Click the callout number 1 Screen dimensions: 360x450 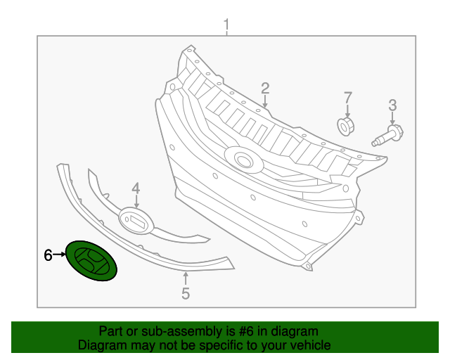tap(226, 27)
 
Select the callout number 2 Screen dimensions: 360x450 tap(265, 88)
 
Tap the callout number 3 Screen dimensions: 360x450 tap(392, 105)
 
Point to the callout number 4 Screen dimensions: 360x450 tap(136, 188)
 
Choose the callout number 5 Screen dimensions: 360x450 tap(186, 294)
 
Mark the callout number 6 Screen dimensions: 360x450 tap(48, 255)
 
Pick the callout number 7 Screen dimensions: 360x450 tap(347, 96)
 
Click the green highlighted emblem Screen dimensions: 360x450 tap(91, 261)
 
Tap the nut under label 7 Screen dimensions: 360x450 tap(346, 127)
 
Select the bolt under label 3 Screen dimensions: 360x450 tap(387, 134)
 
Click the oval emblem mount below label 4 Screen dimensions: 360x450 tap(136, 220)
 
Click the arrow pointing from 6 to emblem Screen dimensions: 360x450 tap(59, 255)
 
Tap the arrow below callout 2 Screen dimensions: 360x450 tap(265, 102)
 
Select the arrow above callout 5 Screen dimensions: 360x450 tap(186, 278)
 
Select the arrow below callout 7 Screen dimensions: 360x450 tap(347, 110)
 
